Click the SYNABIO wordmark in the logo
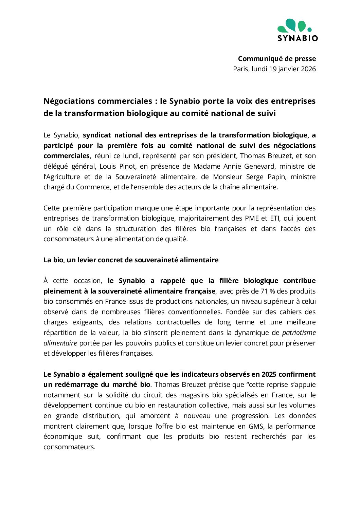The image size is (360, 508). [298, 38]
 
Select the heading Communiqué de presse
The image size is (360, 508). [277, 59]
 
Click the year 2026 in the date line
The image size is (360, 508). [308, 69]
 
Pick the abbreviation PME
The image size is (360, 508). [252, 218]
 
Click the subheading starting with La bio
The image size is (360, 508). [131, 260]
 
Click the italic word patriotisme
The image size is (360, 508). [299, 333]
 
